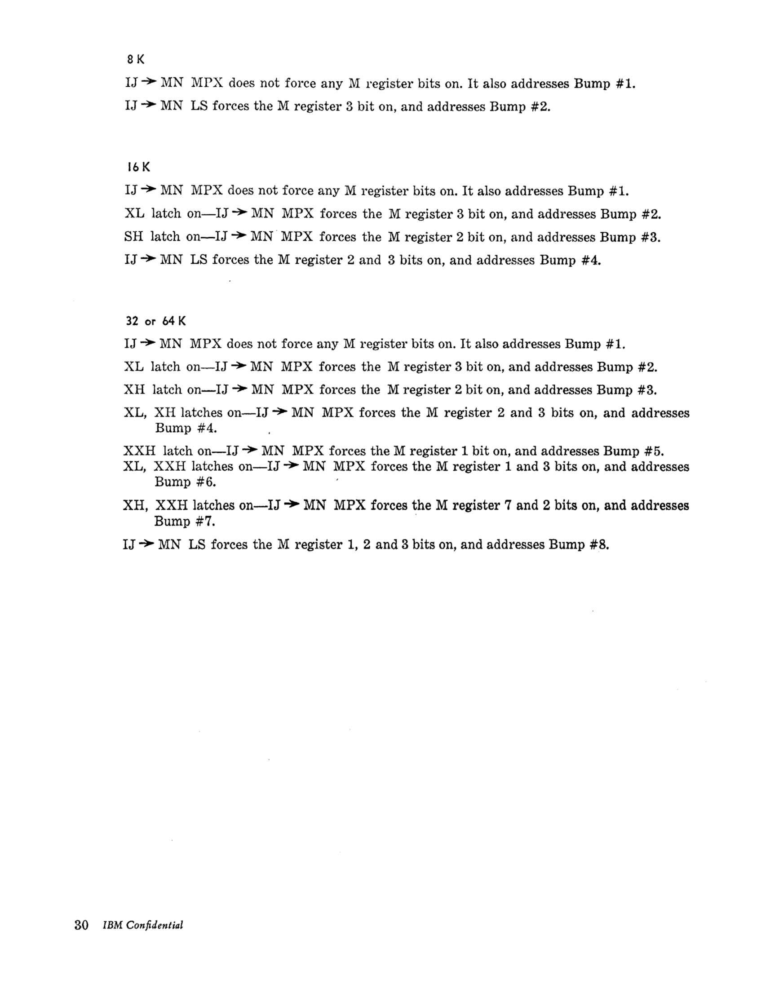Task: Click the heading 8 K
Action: (135, 60)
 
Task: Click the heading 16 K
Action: (138, 167)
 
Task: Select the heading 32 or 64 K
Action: (155, 321)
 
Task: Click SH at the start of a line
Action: (133, 237)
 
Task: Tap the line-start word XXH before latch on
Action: (139, 451)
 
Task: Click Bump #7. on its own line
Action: (185, 522)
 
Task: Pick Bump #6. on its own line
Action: (185, 482)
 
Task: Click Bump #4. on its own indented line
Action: (186, 428)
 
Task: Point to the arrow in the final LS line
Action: (146, 544)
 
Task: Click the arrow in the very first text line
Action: (149, 83)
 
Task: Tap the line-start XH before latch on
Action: (134, 389)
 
